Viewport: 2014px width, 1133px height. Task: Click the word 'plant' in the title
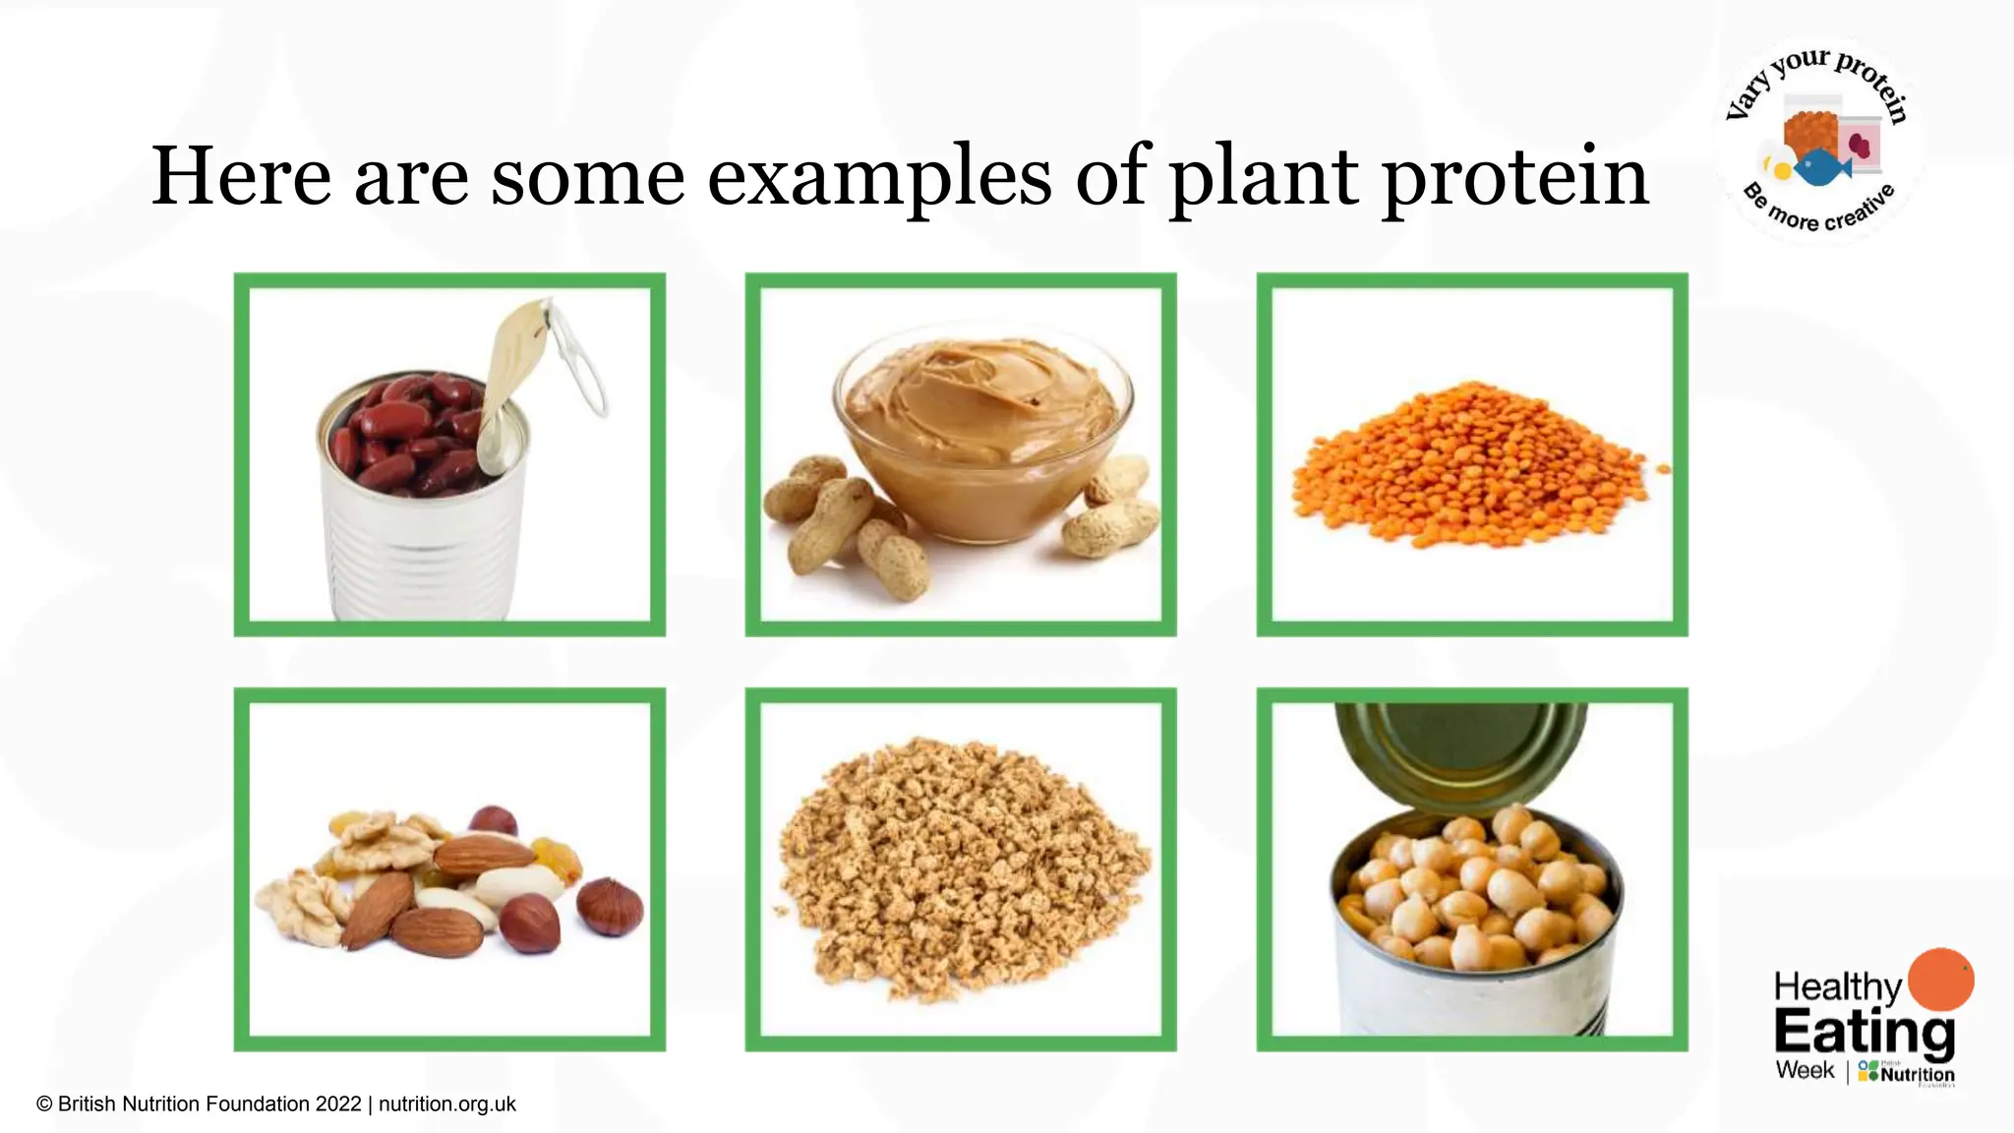pos(1264,177)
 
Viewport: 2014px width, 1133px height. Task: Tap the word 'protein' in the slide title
pos(1514,177)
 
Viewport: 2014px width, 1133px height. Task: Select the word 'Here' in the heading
pos(241,177)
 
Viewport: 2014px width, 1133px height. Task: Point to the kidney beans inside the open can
pos(403,433)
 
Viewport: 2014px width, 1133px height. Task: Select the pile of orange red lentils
pos(1470,467)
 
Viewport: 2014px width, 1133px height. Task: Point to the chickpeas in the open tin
pos(1475,890)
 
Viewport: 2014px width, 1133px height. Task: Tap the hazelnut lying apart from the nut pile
pos(610,907)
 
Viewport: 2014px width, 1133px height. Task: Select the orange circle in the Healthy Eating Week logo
pos(1939,980)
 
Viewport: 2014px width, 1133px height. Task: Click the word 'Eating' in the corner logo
pos(1864,1033)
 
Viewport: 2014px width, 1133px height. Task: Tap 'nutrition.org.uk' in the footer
pos(447,1104)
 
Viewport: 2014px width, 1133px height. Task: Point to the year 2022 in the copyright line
pos(338,1104)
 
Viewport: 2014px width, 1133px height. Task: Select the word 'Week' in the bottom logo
pos(1805,1070)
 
